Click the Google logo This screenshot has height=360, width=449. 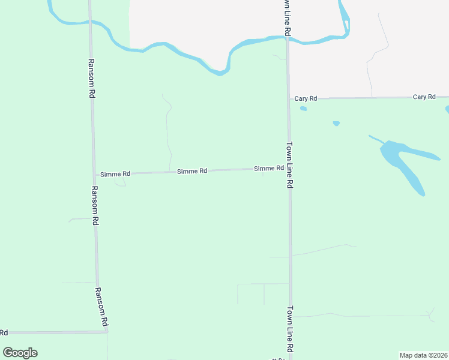click(x=20, y=353)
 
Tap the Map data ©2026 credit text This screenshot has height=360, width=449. click(x=423, y=355)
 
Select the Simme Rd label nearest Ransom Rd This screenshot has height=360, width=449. click(x=115, y=173)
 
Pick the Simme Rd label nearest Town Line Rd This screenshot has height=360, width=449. click(x=268, y=169)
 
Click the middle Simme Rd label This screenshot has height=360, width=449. click(x=192, y=171)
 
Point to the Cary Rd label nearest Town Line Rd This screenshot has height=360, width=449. click(x=306, y=98)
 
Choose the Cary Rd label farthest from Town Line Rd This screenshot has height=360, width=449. click(x=424, y=97)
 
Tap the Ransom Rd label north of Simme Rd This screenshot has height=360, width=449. click(x=91, y=78)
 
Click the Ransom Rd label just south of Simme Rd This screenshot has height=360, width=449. click(x=94, y=205)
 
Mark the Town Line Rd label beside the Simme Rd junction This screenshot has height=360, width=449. click(x=289, y=165)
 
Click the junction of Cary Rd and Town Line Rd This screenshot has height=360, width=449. click(x=288, y=98)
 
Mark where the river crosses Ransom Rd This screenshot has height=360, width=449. click(x=89, y=23)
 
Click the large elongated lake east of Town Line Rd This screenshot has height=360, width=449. click(x=402, y=162)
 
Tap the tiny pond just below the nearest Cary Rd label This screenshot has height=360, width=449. click(x=304, y=109)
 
